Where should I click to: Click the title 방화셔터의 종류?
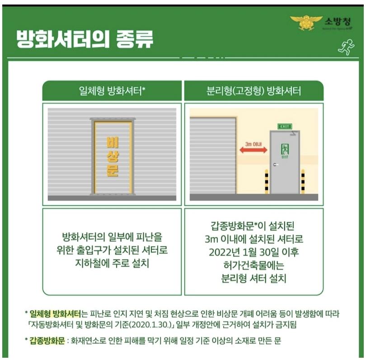(x=84, y=39)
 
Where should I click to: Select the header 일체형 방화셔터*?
(x=112, y=91)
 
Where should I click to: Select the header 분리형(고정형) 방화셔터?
(x=253, y=91)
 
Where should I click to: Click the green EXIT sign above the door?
(x=285, y=126)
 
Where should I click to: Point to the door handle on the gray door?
(x=275, y=165)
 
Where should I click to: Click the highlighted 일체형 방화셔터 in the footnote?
(x=55, y=313)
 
